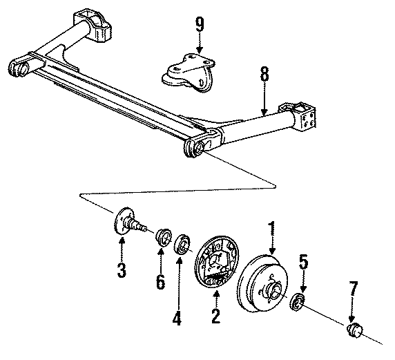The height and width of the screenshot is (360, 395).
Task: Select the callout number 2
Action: pos(215,316)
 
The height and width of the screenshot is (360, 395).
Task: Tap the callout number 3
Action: pos(122,271)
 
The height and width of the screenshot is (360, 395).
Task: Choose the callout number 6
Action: pos(160,282)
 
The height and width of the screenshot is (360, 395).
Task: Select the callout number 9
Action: pos(200,26)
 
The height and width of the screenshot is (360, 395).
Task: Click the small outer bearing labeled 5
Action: pos(298,301)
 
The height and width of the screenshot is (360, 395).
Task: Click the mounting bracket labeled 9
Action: pos(186,72)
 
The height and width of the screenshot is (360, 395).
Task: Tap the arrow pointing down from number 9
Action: pos(200,44)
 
